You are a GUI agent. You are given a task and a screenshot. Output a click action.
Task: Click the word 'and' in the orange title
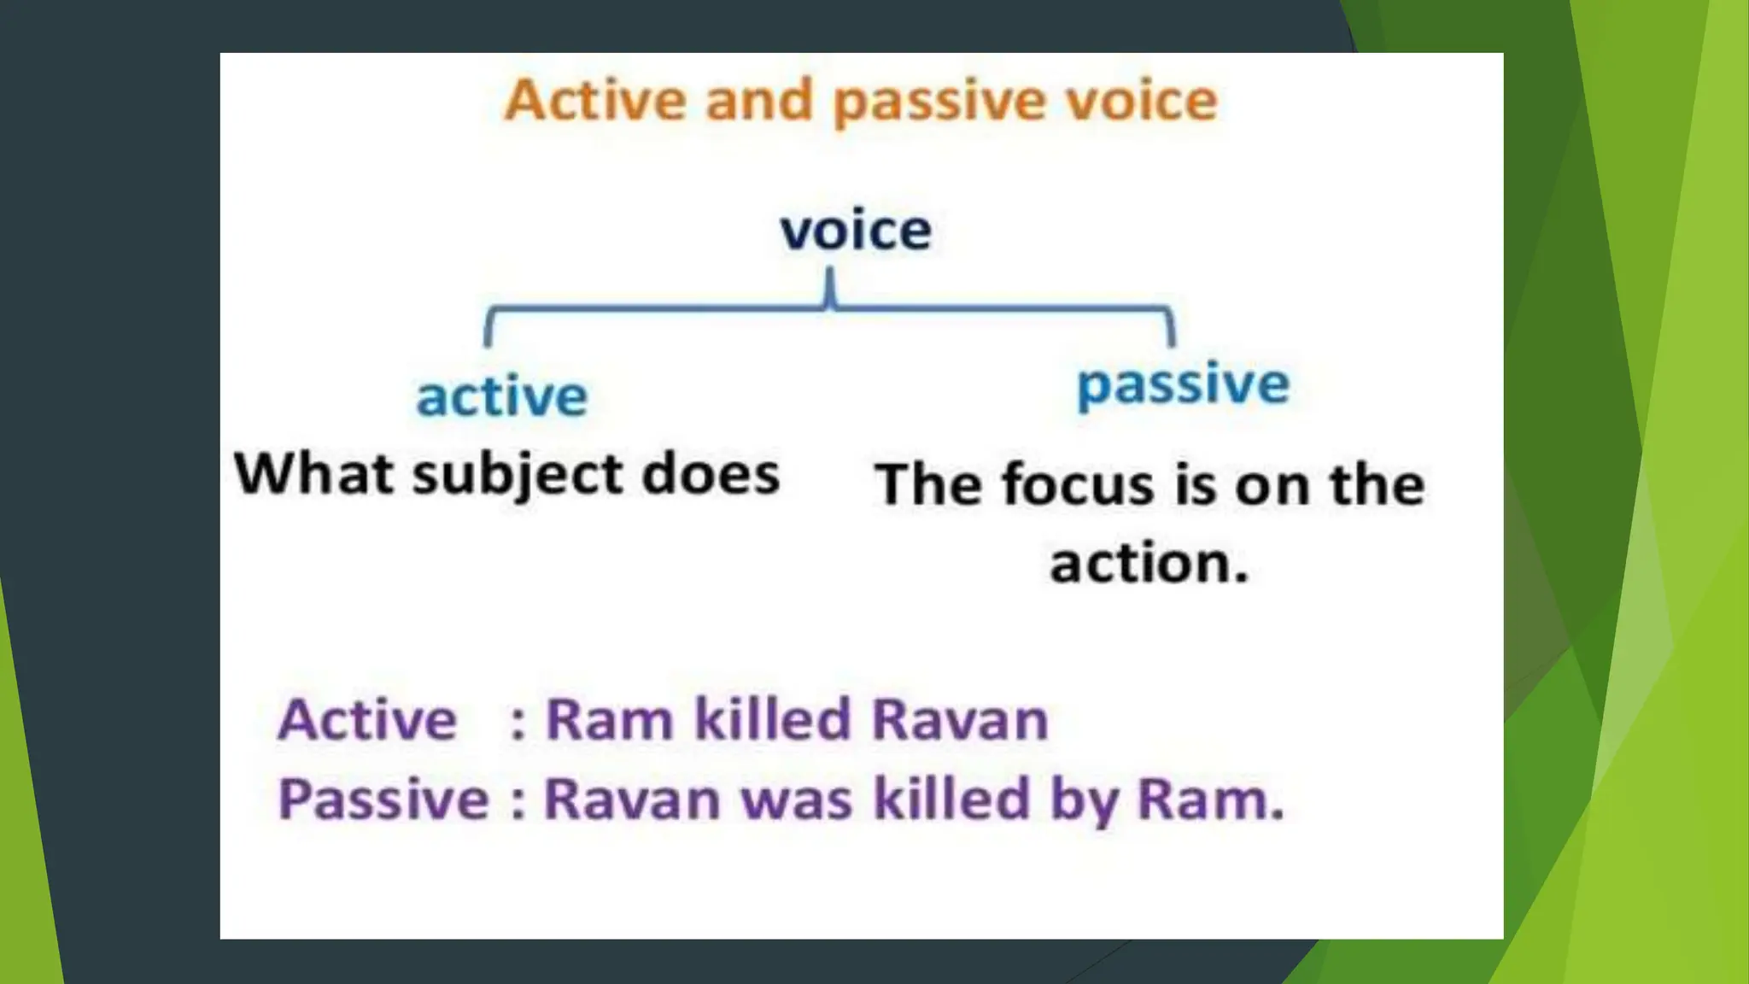pyautogui.click(x=758, y=101)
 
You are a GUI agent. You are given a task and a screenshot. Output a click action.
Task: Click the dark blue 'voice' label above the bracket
pyautogui.click(x=856, y=231)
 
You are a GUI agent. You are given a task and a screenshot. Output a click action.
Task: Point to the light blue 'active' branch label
pyautogui.click(x=502, y=396)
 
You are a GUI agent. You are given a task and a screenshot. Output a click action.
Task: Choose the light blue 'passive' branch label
pyautogui.click(x=1183, y=384)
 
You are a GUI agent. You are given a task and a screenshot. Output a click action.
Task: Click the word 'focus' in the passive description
pyautogui.click(x=1079, y=484)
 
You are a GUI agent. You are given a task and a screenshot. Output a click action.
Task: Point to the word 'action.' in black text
pyautogui.click(x=1149, y=564)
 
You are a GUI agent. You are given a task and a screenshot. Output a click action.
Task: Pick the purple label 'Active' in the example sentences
pyautogui.click(x=367, y=719)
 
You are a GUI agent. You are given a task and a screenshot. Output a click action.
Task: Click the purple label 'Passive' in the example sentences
pyautogui.click(x=383, y=799)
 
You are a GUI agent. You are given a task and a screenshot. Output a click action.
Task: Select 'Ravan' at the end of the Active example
pyautogui.click(x=960, y=719)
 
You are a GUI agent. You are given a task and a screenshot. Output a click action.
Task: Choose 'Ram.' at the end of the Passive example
pyautogui.click(x=1211, y=800)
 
